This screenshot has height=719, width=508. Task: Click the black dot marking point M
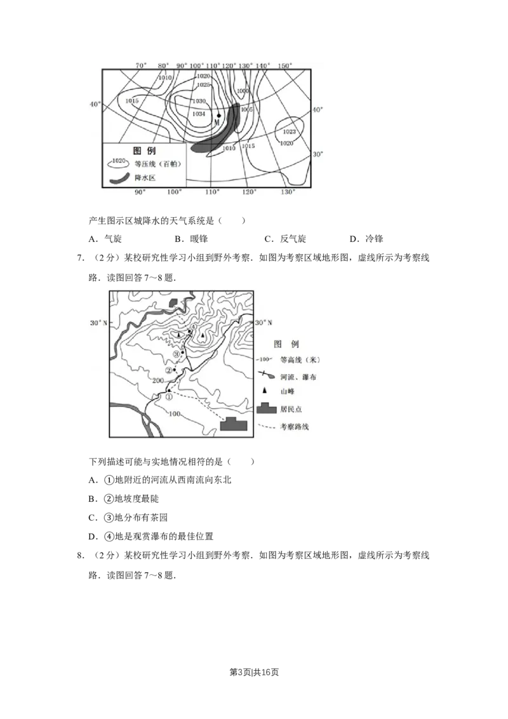click(218, 116)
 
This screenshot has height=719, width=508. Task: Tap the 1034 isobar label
click(199, 114)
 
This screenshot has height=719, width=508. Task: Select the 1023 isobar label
click(289, 132)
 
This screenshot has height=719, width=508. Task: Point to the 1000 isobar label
click(243, 91)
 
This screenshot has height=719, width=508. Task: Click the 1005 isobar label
click(247, 110)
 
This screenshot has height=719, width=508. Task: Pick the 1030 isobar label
click(199, 102)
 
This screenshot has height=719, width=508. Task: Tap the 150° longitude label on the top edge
click(285, 66)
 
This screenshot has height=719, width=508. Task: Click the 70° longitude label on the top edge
click(141, 66)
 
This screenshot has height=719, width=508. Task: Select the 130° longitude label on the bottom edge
click(288, 192)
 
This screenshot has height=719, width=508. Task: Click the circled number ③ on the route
click(177, 354)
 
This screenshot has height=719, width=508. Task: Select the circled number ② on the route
click(169, 370)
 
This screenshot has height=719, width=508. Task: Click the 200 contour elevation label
click(159, 380)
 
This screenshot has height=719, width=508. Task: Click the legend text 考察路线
click(294, 427)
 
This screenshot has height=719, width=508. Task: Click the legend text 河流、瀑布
click(298, 377)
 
